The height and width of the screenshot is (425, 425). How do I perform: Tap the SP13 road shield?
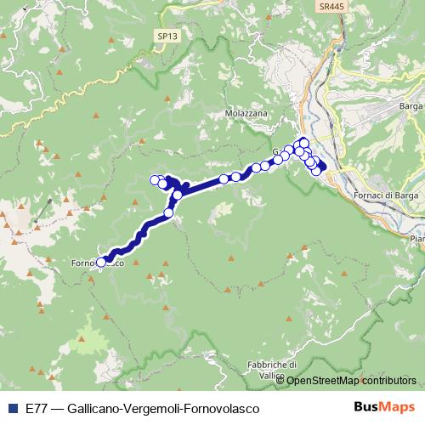click(167, 36)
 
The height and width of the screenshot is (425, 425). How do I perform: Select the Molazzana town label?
click(246, 112)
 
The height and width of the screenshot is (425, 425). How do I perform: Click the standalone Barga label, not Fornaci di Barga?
click(411, 106)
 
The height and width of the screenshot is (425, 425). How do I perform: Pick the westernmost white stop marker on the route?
click(101, 262)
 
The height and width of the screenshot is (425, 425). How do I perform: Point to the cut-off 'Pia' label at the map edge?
click(417, 239)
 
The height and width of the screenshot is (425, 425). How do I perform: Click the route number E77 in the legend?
click(37, 408)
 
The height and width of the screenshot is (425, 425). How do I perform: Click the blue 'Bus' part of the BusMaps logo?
click(367, 407)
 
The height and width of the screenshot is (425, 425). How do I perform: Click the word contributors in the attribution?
click(391, 381)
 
